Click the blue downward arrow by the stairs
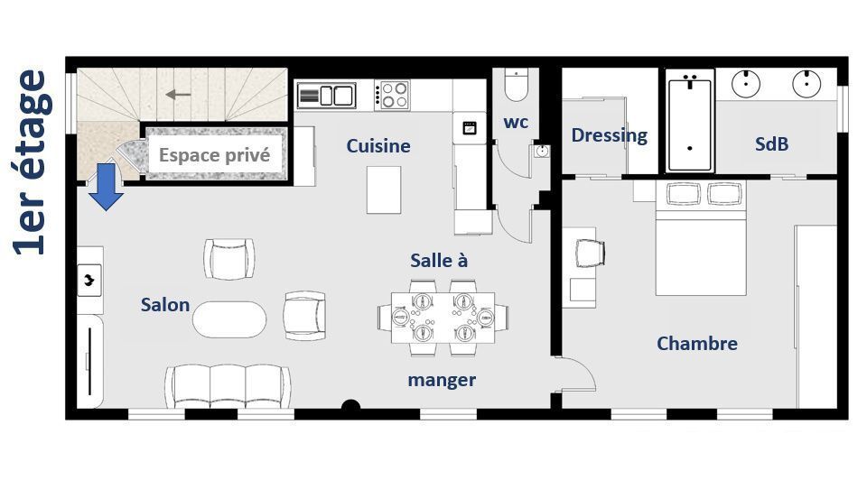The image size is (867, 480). pos(106,187)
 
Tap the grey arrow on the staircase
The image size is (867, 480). pos(178,95)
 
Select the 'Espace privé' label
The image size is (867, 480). pos(215,155)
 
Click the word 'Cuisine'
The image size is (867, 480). pos(378,146)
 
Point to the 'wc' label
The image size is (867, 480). pos(516,122)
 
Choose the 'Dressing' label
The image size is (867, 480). pos(610,135)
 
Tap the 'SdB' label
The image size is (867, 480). pos(771,144)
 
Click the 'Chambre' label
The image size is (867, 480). pos(696,344)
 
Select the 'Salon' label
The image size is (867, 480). pos(164,305)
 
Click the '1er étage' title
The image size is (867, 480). pos(33,163)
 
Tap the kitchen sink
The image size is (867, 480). pos(326,96)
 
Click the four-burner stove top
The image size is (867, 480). pos(392,95)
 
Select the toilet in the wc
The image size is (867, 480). pos(517,85)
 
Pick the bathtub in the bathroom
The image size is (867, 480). pos(689,125)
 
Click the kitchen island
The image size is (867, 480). pos(384,189)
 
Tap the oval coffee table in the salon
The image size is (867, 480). pos(229,319)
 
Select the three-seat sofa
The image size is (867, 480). pos(228,386)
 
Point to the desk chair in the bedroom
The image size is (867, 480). pos(590,254)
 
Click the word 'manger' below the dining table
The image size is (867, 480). pos(442,381)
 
